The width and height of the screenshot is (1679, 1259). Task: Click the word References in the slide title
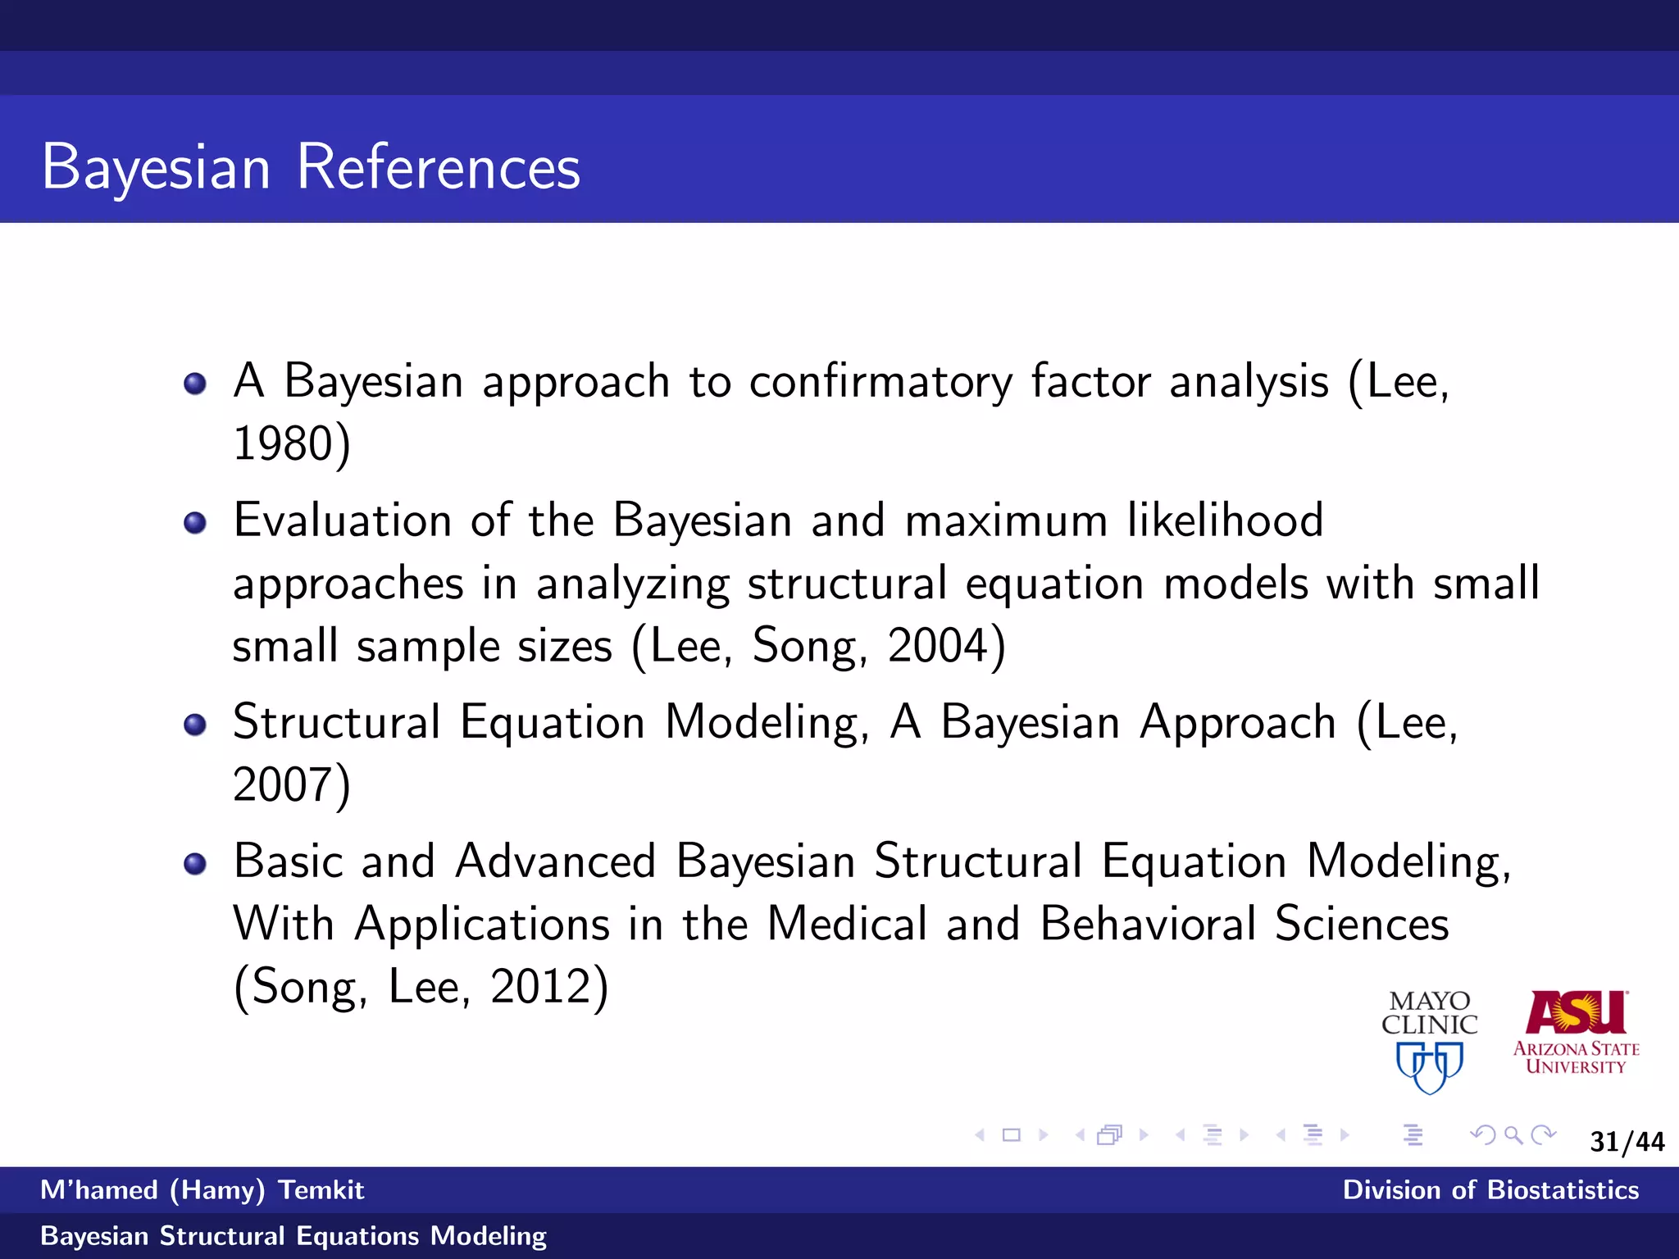(x=438, y=167)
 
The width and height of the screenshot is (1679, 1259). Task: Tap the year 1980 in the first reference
(x=282, y=444)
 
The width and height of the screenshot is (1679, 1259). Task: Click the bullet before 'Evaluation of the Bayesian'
(x=195, y=522)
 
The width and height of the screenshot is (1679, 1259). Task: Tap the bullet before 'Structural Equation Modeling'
(x=195, y=724)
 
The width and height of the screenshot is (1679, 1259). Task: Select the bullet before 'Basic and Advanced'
(x=195, y=863)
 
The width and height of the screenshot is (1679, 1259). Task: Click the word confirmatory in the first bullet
(x=880, y=383)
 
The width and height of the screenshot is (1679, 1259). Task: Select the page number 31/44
(x=1627, y=1142)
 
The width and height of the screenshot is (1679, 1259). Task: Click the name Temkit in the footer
(x=321, y=1190)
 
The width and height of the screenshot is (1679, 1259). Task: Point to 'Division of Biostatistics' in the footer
(x=1490, y=1190)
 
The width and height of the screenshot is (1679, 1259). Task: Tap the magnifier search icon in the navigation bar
(x=1513, y=1135)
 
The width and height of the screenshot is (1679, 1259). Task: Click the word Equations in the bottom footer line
(x=357, y=1236)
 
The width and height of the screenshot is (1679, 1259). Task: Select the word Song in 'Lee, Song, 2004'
(x=808, y=646)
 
